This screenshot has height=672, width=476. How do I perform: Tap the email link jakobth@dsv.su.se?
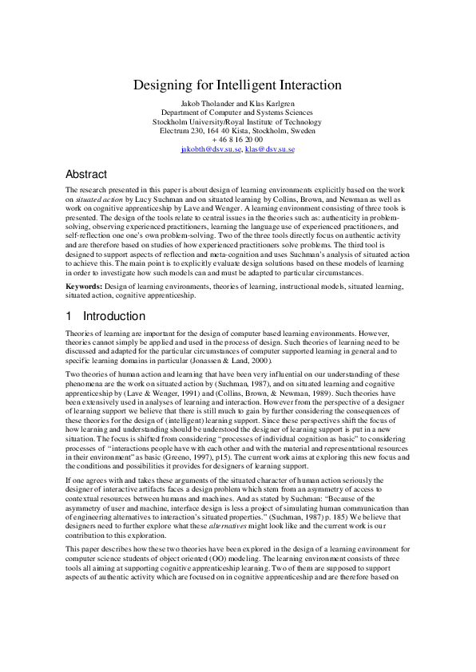[208, 149]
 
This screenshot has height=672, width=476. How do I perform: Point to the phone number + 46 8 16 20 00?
[237, 140]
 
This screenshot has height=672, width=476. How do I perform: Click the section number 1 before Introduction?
[69, 316]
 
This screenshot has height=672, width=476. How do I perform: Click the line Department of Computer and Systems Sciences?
[237, 113]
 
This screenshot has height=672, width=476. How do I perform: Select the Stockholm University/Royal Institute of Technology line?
[237, 122]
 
